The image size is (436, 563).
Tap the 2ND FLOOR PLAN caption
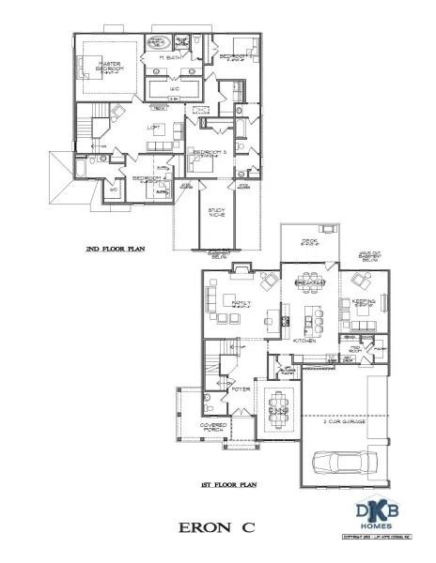click(x=115, y=251)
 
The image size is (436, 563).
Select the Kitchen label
click(x=304, y=341)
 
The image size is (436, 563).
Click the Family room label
click(x=241, y=303)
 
